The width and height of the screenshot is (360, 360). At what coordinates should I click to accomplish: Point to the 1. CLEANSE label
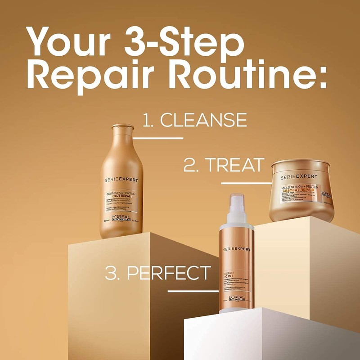pos(194,121)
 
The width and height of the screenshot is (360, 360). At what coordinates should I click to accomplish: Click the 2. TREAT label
pos(224,166)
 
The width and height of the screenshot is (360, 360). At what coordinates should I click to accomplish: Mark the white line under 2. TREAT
pos(246,183)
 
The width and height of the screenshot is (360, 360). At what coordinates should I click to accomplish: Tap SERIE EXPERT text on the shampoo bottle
pos(122,180)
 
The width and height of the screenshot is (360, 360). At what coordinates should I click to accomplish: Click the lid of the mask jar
pos(304,167)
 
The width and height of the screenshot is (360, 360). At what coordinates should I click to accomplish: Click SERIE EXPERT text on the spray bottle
pos(237,249)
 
